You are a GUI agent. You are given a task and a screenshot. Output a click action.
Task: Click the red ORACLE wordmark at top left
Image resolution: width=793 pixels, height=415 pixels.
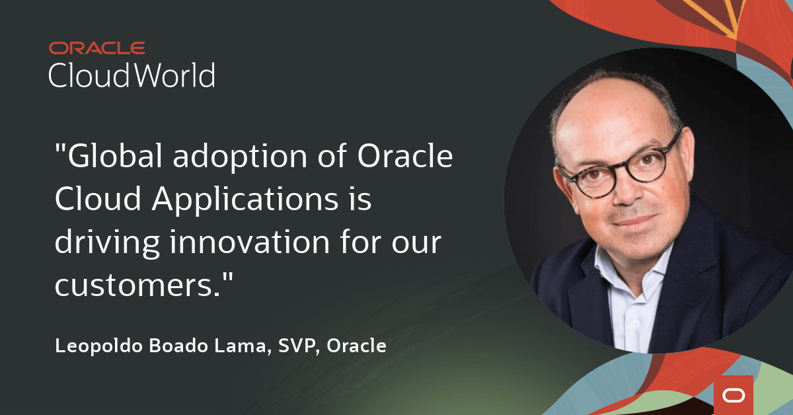[x=97, y=48]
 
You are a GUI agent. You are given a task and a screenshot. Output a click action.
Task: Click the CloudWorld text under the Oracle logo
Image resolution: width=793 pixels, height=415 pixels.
[x=132, y=75]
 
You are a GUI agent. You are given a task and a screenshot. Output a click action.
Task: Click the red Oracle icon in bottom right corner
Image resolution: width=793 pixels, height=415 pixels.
[x=733, y=395]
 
